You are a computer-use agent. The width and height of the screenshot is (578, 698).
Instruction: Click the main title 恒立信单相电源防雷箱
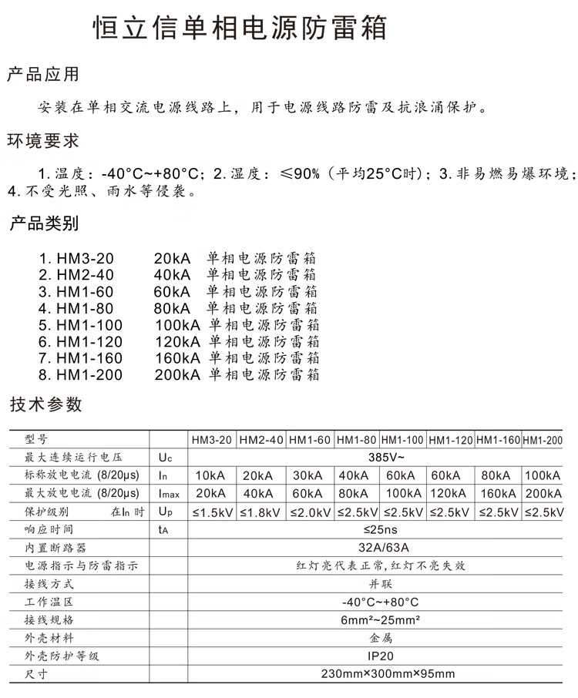coord(239,29)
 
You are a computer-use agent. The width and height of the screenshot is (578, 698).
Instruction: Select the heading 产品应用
coord(43,76)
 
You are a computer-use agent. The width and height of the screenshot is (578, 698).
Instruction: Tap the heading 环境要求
coord(43,142)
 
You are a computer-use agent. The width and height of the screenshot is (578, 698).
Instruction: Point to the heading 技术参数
coord(45,405)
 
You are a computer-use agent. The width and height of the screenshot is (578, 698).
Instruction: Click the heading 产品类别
coord(44,225)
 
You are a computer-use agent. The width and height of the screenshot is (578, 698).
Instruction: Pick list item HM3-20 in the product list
coord(83,258)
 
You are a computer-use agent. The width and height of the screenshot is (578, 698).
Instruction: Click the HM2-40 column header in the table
coord(261,440)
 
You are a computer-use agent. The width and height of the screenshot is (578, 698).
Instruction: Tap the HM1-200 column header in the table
coord(543,440)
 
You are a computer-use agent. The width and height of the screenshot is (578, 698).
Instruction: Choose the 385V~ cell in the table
coord(377,457)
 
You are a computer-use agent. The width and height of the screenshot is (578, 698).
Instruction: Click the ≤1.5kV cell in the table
coord(212,512)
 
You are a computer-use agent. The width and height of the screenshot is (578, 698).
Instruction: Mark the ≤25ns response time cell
coord(377,529)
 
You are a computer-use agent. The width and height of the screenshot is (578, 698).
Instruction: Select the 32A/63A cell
coord(377,547)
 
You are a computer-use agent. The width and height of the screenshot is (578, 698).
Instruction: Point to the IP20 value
coord(377,656)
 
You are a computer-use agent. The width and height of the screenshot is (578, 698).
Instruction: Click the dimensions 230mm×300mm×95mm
coord(377,674)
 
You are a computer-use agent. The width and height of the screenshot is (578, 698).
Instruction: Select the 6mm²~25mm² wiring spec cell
coord(377,620)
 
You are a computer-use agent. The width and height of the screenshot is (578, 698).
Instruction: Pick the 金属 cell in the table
coord(377,638)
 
